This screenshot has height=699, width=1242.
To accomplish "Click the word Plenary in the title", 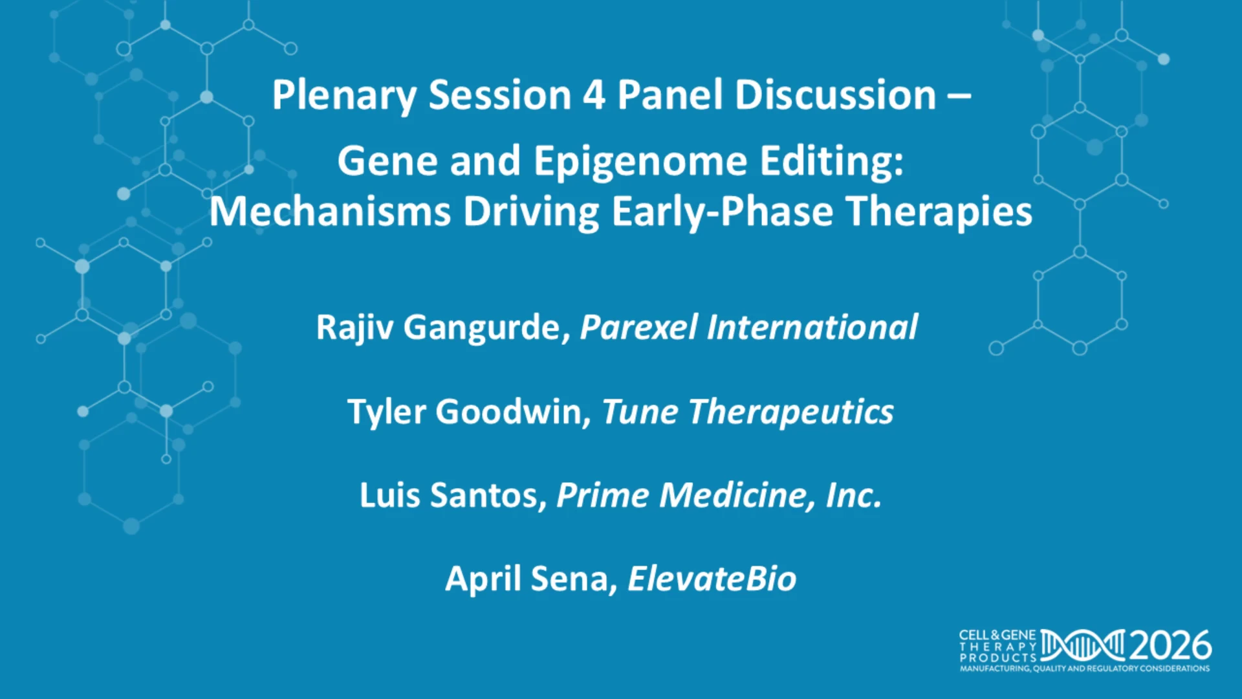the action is pyautogui.click(x=344, y=96).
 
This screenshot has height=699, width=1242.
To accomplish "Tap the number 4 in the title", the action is pyautogui.click(x=594, y=94).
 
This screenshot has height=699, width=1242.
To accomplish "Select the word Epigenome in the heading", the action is pyautogui.click(x=640, y=162).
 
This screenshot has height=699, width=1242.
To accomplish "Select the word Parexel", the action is pyautogui.click(x=638, y=327).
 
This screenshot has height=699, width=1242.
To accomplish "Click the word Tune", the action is pyautogui.click(x=640, y=412).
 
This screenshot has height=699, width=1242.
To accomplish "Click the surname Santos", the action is pyautogui.click(x=488, y=496).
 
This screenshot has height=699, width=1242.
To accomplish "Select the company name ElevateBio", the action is pyautogui.click(x=712, y=579).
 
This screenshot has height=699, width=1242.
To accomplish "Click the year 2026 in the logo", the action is pyautogui.click(x=1170, y=646).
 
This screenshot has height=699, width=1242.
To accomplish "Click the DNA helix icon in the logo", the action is pyautogui.click(x=1083, y=646).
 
